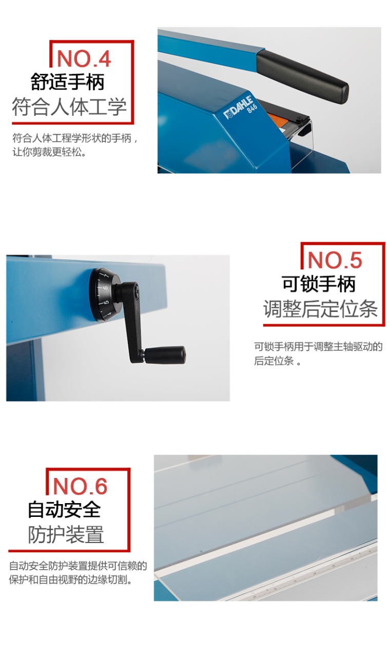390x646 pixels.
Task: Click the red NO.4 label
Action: [x=84, y=58]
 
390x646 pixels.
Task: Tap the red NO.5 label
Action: [x=335, y=260]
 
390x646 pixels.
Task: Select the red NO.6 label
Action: [x=80, y=486]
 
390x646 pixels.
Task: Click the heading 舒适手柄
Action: [x=68, y=82]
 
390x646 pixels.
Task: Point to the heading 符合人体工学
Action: [x=69, y=107]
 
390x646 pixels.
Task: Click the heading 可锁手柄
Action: [x=319, y=284]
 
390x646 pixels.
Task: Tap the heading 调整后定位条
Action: [x=321, y=309]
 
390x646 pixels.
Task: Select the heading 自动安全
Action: [x=64, y=510]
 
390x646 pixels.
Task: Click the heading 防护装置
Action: [x=66, y=534]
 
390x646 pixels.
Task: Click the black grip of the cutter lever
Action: [x=302, y=76]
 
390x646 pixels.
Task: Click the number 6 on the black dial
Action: [x=105, y=288]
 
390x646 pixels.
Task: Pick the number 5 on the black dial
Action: [x=106, y=302]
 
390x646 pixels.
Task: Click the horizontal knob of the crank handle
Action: [x=165, y=355]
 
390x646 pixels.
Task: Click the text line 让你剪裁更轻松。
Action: [x=49, y=152]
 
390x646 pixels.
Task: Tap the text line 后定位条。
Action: [x=277, y=361]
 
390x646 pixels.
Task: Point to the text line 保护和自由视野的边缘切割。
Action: [x=70, y=580]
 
